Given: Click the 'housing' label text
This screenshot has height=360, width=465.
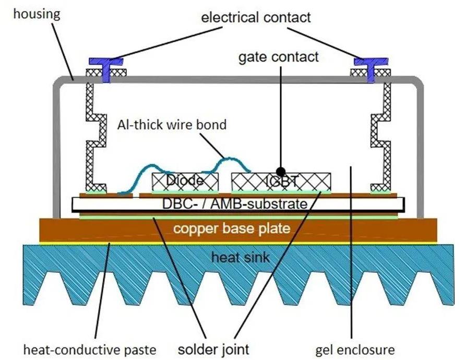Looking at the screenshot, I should (x=37, y=14).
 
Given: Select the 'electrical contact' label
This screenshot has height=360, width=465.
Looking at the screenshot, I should (x=256, y=17).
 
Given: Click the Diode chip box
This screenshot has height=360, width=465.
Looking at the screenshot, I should (x=185, y=181).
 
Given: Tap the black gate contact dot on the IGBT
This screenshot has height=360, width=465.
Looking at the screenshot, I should (x=281, y=171).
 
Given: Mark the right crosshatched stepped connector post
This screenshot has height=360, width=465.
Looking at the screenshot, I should (x=384, y=133).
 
